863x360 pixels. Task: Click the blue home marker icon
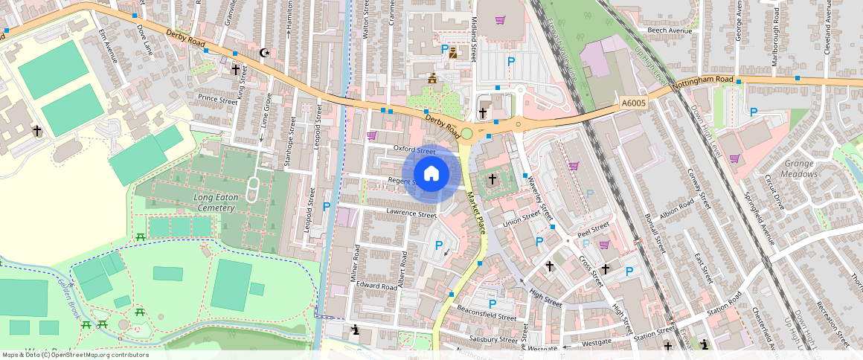(431, 174)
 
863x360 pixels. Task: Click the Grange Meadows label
(800, 169)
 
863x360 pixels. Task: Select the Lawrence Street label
(411, 214)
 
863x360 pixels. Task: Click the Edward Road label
(376, 286)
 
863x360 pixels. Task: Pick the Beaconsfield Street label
(487, 317)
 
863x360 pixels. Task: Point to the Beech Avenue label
(664, 30)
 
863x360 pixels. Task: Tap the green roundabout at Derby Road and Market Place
(466, 134)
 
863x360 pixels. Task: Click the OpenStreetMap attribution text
(75, 355)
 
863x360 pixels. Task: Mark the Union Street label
(521, 219)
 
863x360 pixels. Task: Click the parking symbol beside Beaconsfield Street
(492, 303)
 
